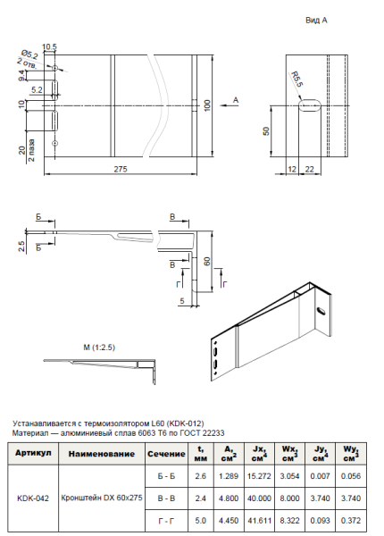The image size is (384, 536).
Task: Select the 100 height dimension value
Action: pyautogui.click(x=206, y=105)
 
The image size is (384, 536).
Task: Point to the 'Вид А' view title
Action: pyautogui.click(x=318, y=18)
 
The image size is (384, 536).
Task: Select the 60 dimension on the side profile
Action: pyautogui.click(x=206, y=261)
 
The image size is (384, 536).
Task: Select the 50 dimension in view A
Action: pyautogui.click(x=266, y=130)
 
